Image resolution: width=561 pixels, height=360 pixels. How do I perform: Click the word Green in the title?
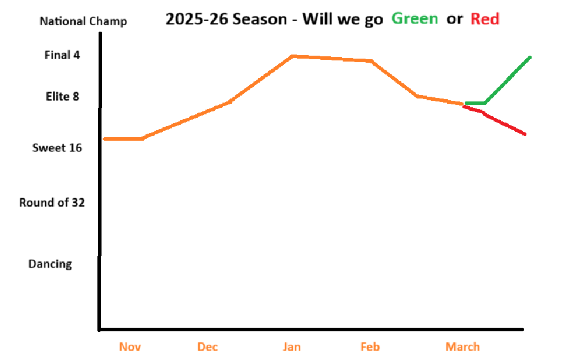pyautogui.click(x=414, y=19)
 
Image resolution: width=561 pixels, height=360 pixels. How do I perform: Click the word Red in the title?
pyautogui.click(x=485, y=19)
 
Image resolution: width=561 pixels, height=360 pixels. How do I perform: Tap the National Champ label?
pyautogui.click(x=83, y=22)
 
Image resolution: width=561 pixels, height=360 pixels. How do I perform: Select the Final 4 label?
pyautogui.click(x=62, y=55)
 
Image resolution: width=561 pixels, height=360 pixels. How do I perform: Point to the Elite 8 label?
pyautogui.click(x=62, y=96)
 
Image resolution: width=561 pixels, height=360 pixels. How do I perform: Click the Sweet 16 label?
pyautogui.click(x=57, y=148)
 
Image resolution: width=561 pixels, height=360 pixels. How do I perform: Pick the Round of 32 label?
pyautogui.click(x=52, y=203)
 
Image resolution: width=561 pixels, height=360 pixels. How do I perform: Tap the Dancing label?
pyautogui.click(x=50, y=264)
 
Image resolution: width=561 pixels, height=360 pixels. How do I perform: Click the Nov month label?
pyautogui.click(x=130, y=347)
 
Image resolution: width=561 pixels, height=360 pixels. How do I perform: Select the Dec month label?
pyautogui.click(x=207, y=347)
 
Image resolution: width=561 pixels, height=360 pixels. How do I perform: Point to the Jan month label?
pyautogui.click(x=292, y=347)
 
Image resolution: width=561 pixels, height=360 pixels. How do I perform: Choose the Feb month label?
pyautogui.click(x=370, y=347)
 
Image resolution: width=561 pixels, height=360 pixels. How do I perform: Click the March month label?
pyautogui.click(x=462, y=347)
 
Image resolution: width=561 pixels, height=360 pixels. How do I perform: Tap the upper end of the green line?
pyautogui.click(x=530, y=57)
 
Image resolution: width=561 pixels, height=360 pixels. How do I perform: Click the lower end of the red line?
pyautogui.click(x=525, y=134)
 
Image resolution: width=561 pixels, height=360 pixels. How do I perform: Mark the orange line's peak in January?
pyautogui.click(x=292, y=56)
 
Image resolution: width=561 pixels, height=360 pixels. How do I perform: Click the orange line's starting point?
pyautogui.click(x=104, y=139)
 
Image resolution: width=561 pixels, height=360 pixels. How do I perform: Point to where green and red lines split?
pyautogui.click(x=465, y=104)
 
